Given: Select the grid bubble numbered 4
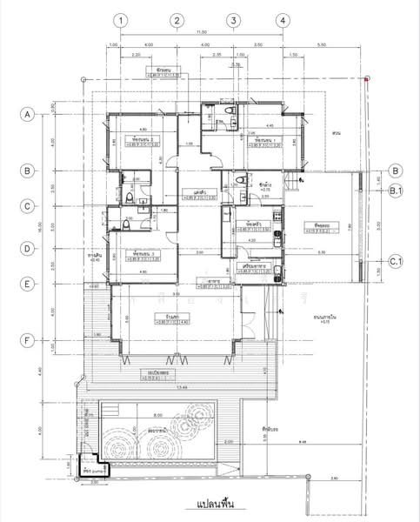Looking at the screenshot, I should click(x=282, y=20).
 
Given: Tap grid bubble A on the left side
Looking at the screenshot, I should click(x=28, y=114).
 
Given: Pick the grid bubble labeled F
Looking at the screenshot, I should click(x=28, y=340).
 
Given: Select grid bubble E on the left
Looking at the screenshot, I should click(x=28, y=284).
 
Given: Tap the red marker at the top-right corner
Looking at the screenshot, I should click(x=367, y=79).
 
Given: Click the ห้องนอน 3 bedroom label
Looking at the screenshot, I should click(x=144, y=253).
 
